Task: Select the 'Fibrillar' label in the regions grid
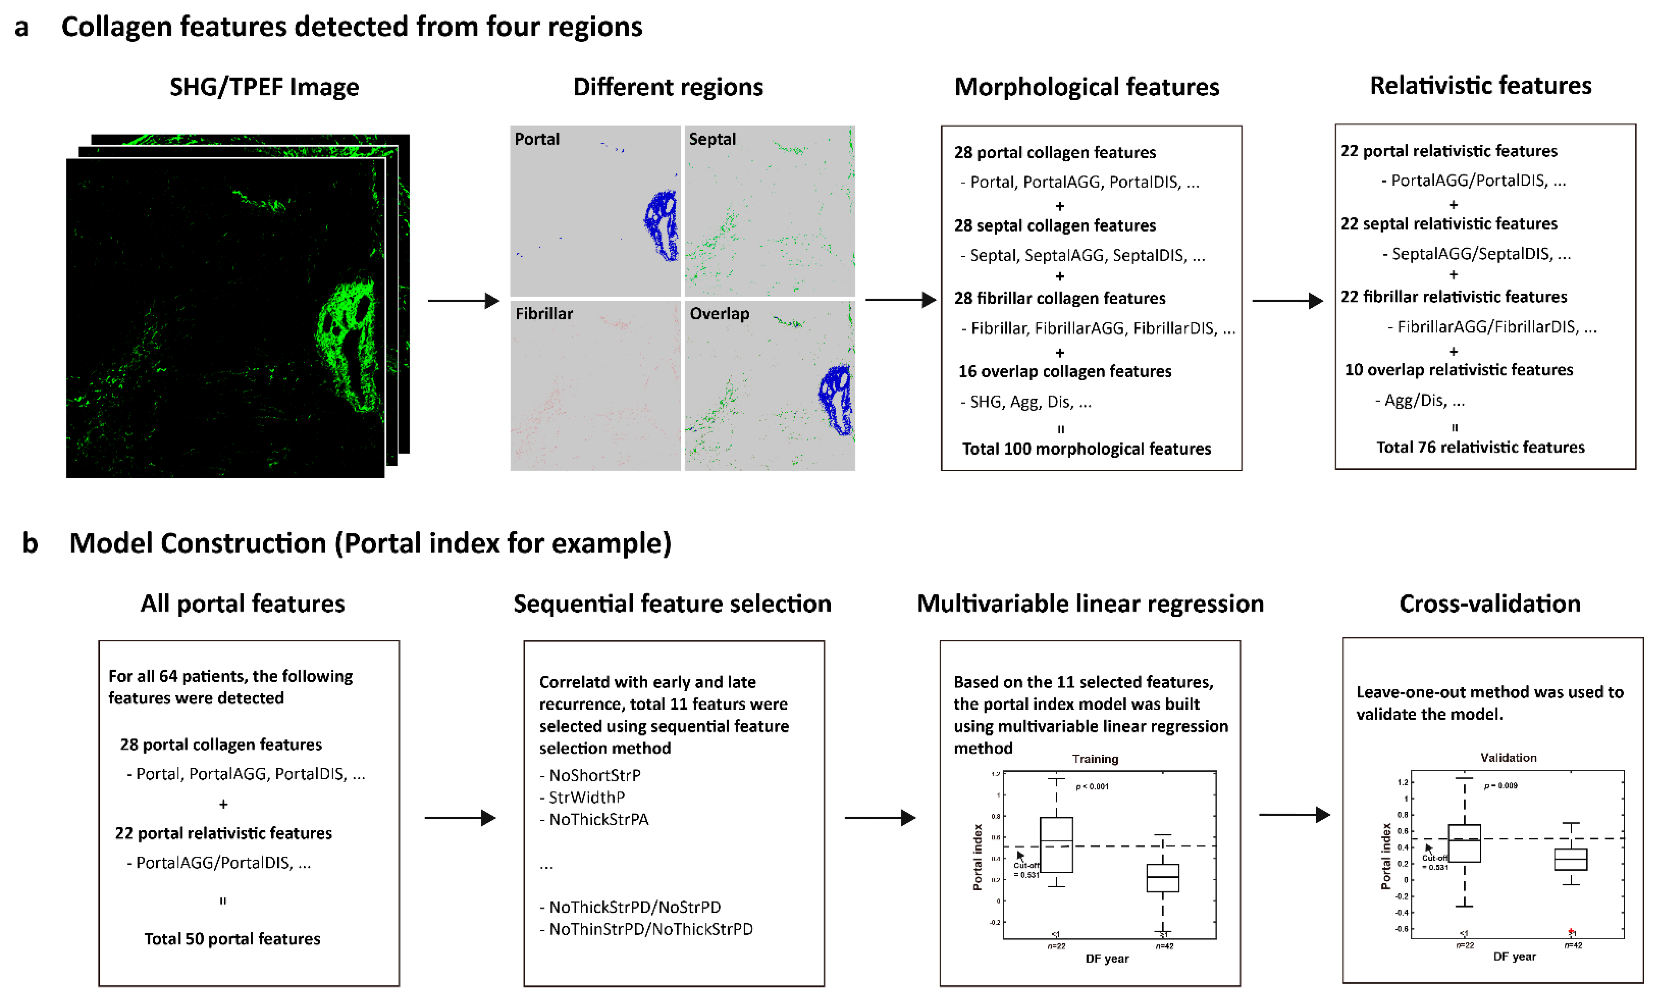(x=544, y=313)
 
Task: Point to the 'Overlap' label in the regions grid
(x=719, y=313)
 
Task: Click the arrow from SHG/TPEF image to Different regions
(x=463, y=301)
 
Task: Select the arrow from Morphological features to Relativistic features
(x=1287, y=301)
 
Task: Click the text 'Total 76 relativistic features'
(x=1480, y=447)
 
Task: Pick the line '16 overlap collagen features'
(x=1065, y=371)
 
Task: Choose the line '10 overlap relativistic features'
(x=1459, y=370)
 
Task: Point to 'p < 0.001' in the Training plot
(x=1092, y=786)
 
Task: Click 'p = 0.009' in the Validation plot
(x=1500, y=785)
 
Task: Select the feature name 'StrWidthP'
(x=587, y=797)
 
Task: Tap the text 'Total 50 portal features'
(x=232, y=938)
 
